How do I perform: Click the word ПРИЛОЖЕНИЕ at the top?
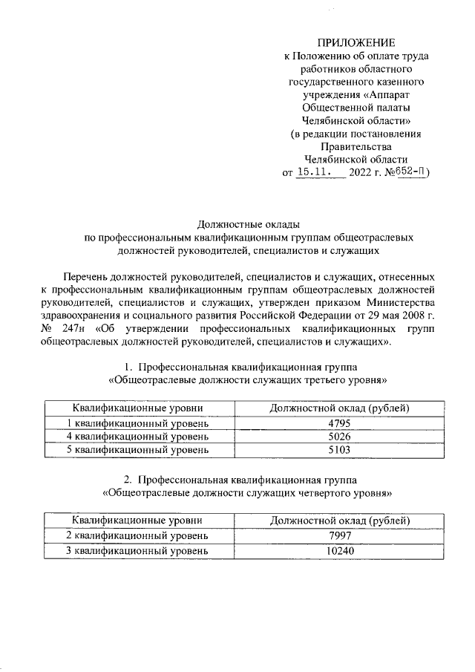point(356,42)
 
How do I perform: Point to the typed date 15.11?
point(315,173)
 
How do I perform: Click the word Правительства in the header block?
point(356,147)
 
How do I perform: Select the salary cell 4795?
point(340,423)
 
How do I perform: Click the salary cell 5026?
point(340,437)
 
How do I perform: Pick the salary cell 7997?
point(340,535)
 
